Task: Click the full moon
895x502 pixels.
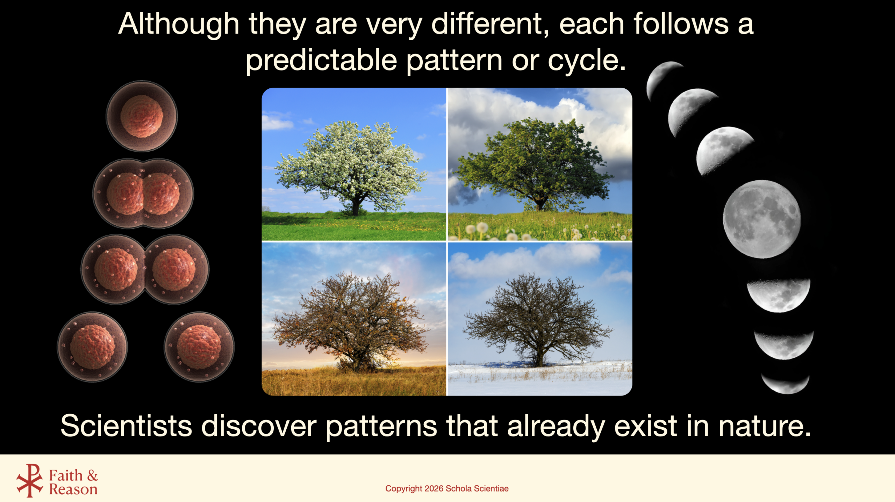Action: click(x=762, y=219)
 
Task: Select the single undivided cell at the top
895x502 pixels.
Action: click(x=142, y=116)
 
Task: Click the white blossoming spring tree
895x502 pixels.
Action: click(x=351, y=164)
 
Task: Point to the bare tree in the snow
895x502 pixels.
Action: click(x=538, y=320)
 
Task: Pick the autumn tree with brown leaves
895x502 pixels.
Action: click(x=351, y=320)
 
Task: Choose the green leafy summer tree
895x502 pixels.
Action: click(x=535, y=164)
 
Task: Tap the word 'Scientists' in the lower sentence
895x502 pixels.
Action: click(x=126, y=426)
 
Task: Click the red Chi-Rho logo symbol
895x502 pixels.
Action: click(x=30, y=480)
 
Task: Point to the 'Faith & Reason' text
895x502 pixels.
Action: click(x=73, y=482)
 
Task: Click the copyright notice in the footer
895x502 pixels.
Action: click(x=447, y=488)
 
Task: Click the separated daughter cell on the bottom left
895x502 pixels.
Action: click(x=93, y=347)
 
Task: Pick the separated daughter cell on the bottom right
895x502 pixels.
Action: click(x=199, y=347)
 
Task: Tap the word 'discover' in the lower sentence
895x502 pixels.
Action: click(x=259, y=426)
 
